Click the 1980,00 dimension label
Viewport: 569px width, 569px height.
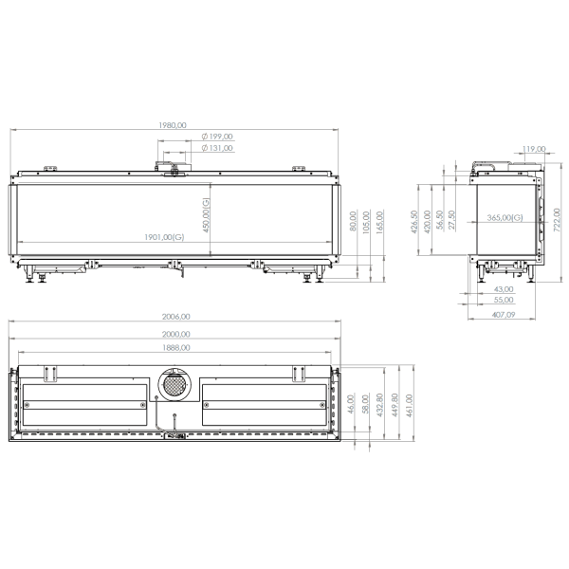[x=174, y=124]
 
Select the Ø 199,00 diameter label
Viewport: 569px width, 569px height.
[x=218, y=137]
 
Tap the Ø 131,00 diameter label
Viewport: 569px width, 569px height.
[x=218, y=148]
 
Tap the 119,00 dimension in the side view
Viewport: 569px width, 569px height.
[x=534, y=148]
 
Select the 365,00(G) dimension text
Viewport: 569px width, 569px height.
[x=505, y=218]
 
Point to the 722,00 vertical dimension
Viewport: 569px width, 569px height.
[x=559, y=219]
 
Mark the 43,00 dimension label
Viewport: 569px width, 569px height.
[x=505, y=288]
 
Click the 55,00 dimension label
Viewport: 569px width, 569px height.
[x=505, y=300]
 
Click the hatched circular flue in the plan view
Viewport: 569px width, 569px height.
[x=174, y=385]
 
